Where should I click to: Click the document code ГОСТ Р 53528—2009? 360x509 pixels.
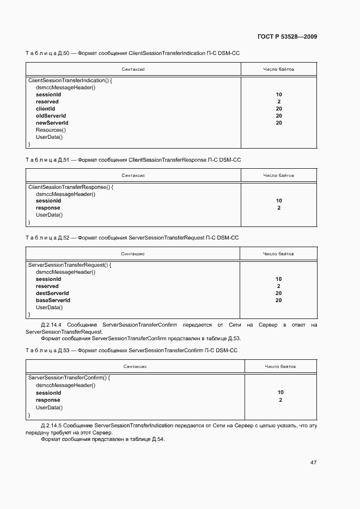286,37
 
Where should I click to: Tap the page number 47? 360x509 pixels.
313,462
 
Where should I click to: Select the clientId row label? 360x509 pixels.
45,109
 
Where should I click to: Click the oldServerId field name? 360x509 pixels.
51,116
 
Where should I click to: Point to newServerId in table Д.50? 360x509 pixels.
52,123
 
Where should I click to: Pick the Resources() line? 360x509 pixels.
51,130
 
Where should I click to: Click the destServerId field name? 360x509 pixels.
52,293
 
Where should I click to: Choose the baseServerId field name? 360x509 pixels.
53,301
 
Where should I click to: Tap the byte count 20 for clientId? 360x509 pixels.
279,109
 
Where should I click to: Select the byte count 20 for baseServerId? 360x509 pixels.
278,301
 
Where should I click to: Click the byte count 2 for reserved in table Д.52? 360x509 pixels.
278,286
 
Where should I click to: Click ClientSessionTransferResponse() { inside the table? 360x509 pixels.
70,187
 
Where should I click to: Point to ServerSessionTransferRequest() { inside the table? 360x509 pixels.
70,265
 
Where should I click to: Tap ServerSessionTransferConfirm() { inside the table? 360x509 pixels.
69,377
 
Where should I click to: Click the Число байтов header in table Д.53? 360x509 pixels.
280,366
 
